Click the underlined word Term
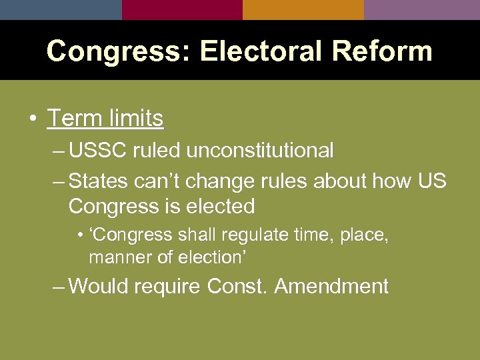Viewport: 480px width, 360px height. point(73,119)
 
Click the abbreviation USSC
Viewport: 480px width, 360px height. point(98,151)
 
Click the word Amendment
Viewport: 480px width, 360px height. point(331,286)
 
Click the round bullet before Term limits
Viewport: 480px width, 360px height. point(33,119)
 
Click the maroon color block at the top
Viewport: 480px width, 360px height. point(182,9)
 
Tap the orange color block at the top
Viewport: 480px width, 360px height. point(303,9)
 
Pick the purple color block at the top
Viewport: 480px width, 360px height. point(422,9)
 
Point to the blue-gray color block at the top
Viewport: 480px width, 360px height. point(61,9)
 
